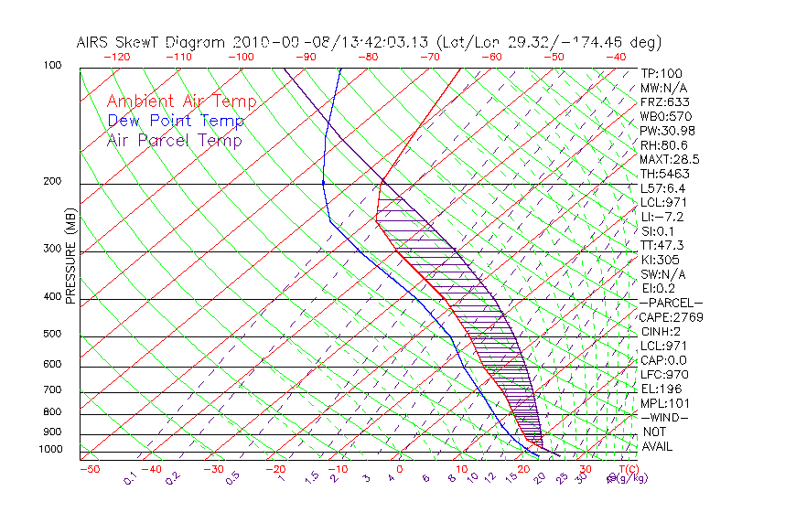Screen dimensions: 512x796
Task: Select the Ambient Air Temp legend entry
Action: [x=181, y=101]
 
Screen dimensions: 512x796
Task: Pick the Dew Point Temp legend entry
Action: [x=176, y=121]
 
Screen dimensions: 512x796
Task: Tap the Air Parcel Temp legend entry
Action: [x=174, y=140]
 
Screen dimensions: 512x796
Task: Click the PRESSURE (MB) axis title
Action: [x=70, y=260]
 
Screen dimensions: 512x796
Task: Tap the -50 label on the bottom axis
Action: [x=89, y=469]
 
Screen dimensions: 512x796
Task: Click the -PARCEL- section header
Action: [x=671, y=303]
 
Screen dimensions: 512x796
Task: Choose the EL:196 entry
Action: [x=662, y=389]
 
